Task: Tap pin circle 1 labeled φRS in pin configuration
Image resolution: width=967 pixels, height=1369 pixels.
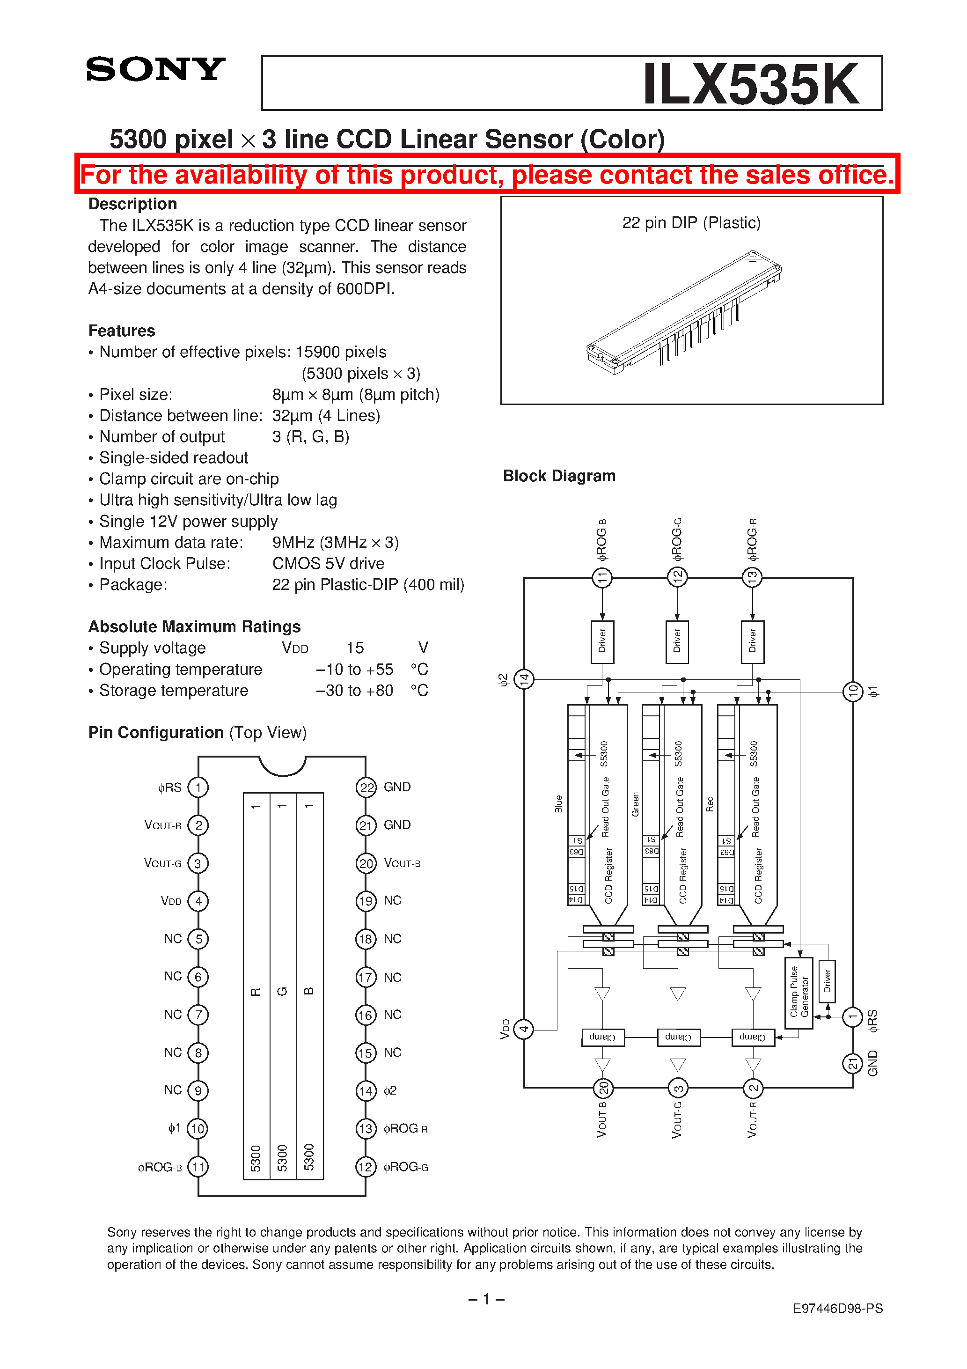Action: [x=198, y=787]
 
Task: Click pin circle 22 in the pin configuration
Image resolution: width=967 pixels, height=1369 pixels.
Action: [x=366, y=788]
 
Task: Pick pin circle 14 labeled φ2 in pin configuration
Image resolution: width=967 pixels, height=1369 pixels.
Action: [x=366, y=1091]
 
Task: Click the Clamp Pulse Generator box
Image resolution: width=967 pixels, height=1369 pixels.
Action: [x=799, y=993]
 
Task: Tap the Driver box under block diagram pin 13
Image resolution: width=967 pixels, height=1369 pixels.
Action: [x=752, y=641]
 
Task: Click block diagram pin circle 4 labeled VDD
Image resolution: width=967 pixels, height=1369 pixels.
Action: [x=523, y=1029]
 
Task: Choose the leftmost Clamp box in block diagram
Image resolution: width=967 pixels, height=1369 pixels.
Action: [x=603, y=1038]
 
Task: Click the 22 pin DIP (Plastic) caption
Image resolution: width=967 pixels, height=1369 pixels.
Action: [x=691, y=223]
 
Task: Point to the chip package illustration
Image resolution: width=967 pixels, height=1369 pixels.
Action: [x=684, y=313]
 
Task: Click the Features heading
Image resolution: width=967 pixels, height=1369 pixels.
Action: [x=122, y=331]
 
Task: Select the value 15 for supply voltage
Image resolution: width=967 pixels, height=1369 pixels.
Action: [x=355, y=648]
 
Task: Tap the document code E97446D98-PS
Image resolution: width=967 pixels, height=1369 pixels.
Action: [x=837, y=1308]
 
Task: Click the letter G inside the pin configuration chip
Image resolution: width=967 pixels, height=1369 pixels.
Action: [x=283, y=991]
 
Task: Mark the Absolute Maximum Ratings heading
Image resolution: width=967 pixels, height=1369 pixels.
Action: [x=194, y=626]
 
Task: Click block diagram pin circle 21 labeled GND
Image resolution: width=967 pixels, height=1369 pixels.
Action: [x=852, y=1064]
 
